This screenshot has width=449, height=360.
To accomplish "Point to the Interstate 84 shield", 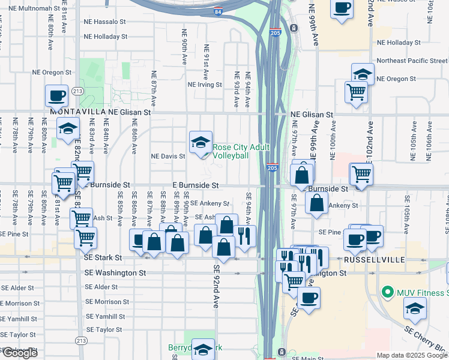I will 217,11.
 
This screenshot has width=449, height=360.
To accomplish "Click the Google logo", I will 19,353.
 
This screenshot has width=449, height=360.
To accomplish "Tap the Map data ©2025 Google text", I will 412,355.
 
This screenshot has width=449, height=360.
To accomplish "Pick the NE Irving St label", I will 205,85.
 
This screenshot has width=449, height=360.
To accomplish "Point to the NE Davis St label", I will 167,156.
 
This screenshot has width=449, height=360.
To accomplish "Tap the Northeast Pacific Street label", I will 411,61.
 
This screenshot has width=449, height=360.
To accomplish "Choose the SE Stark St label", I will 103,257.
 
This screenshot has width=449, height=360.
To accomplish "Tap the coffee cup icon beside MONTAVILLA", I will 56,95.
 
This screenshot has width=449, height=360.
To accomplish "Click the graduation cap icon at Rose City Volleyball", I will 201,142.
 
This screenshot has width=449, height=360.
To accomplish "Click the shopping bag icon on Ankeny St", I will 316,203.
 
